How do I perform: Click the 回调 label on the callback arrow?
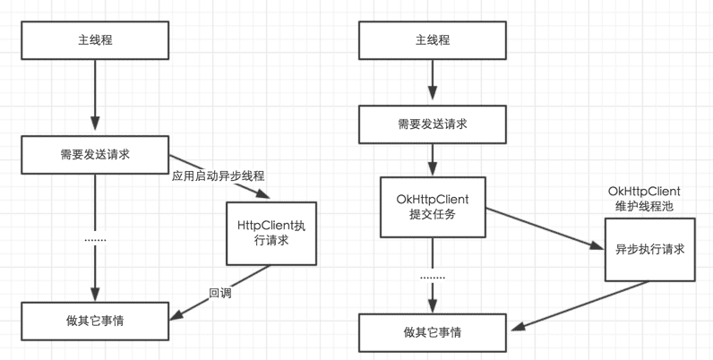(x=220, y=292)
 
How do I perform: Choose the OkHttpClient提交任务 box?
(x=433, y=207)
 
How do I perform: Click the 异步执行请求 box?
(x=649, y=249)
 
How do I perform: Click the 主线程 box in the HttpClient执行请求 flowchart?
(x=95, y=41)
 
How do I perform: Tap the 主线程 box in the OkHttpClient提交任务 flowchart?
(x=433, y=41)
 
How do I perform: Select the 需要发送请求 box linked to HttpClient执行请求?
(x=95, y=154)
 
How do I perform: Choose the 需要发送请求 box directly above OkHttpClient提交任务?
(x=433, y=124)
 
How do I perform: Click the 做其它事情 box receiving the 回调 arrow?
(x=95, y=320)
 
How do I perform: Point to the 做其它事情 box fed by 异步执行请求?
(x=433, y=332)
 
